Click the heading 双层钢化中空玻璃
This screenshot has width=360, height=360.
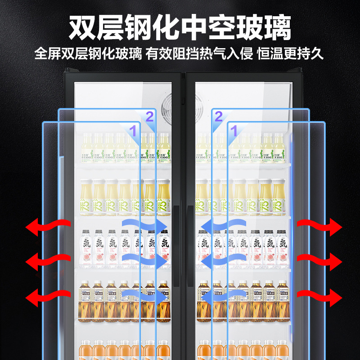[180, 28]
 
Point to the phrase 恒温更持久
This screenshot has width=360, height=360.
[290, 54]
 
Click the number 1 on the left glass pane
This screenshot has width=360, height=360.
[133, 131]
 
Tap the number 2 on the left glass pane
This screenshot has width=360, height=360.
[150, 117]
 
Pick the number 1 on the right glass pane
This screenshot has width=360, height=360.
[234, 131]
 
